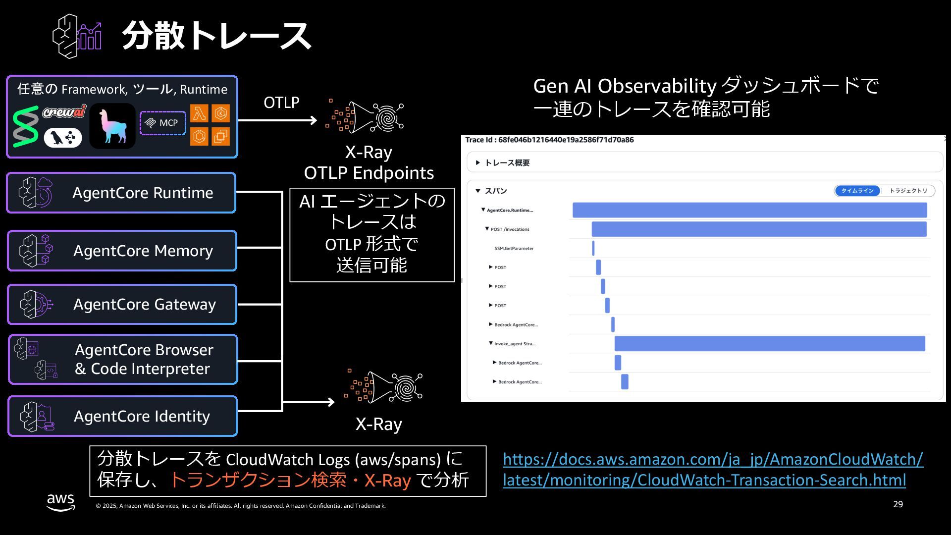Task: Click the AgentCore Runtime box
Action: [x=121, y=193]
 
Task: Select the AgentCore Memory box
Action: [x=122, y=251]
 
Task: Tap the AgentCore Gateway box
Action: [x=122, y=304]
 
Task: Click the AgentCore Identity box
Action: [x=122, y=416]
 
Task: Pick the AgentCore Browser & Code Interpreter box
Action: [x=123, y=360]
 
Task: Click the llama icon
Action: [x=112, y=126]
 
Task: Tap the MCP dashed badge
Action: [x=163, y=123]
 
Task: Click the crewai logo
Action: [x=64, y=111]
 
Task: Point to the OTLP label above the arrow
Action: [x=281, y=103]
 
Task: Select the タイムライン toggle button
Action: [x=857, y=191]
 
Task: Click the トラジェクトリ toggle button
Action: [x=908, y=191]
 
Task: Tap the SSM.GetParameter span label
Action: [x=514, y=248]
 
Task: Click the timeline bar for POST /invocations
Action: [x=759, y=229]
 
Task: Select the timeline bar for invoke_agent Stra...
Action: [x=770, y=343]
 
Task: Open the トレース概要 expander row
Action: [x=507, y=162]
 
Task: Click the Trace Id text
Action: [x=549, y=140]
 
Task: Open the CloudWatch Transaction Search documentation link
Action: [x=713, y=469]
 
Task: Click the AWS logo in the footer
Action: [x=61, y=501]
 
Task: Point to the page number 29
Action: [x=898, y=504]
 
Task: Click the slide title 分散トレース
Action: [x=216, y=36]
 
